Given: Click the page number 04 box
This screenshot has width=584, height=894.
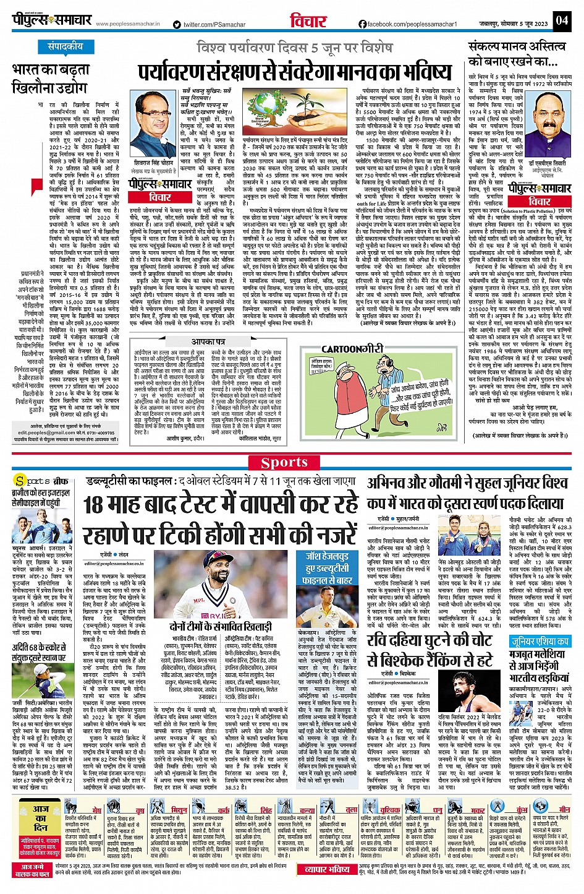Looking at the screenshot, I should point(561,21).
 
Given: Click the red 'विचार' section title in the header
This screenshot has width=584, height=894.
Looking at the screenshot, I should point(308,22).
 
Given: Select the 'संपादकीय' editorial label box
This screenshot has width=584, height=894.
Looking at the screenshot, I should point(65,46).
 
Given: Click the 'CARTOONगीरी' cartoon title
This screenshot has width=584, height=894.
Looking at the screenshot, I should point(352,349).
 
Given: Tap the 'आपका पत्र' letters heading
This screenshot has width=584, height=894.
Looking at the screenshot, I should point(208,341).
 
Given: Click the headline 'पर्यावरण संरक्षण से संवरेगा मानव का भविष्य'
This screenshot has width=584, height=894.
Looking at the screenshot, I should point(295,72).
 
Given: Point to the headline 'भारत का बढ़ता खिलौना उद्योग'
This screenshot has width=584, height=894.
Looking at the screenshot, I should point(49,77).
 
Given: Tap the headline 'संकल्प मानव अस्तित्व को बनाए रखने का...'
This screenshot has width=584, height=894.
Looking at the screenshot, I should point(516,54).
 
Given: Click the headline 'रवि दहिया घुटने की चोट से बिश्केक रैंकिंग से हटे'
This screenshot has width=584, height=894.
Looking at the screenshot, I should point(429,650).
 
